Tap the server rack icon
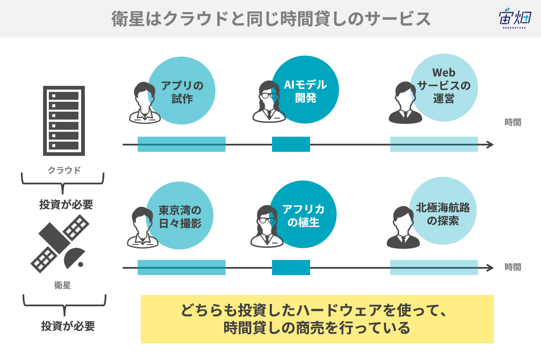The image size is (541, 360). [64, 121]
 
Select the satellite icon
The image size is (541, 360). [60, 244]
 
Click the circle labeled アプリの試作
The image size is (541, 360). [181, 91]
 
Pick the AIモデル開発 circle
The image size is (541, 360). [305, 90]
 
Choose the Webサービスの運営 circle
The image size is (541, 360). [444, 88]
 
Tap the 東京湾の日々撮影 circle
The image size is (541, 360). [179, 216]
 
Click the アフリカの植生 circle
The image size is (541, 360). [303, 214]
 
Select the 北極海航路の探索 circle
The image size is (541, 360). [443, 211]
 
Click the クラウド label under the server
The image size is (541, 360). [64, 170]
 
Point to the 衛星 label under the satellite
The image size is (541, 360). [62, 285]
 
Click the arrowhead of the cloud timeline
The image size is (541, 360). [490, 145]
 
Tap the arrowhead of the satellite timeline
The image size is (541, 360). [490, 268]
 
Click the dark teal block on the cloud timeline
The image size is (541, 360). [291, 144]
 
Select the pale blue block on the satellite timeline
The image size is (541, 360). [434, 267]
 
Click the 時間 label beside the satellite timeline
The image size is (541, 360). [513, 267]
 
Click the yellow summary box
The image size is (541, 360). [317, 319]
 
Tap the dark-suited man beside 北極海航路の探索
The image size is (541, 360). [403, 227]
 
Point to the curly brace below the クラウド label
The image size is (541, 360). [63, 183]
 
